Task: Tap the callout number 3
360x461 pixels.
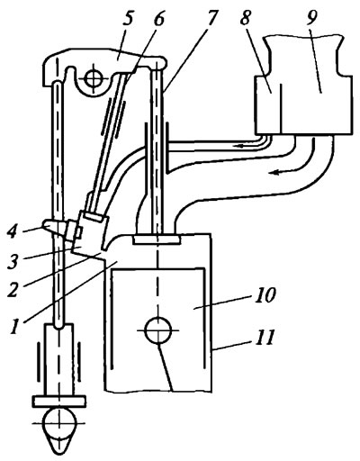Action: [x=14, y=258]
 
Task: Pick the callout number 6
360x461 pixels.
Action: [x=159, y=20]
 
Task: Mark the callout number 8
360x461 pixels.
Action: [x=246, y=20]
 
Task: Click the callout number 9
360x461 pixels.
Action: [x=311, y=19]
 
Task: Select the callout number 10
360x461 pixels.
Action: [x=265, y=295]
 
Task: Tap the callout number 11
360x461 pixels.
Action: [x=265, y=337]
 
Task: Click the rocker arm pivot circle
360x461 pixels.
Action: [x=94, y=79]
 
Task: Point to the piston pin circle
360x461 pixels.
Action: [x=158, y=330]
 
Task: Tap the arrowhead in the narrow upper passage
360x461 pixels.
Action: [x=240, y=146]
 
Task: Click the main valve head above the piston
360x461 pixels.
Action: [x=157, y=240]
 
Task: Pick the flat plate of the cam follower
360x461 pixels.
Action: [x=59, y=402]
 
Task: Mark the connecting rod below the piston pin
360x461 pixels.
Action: [x=165, y=367]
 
